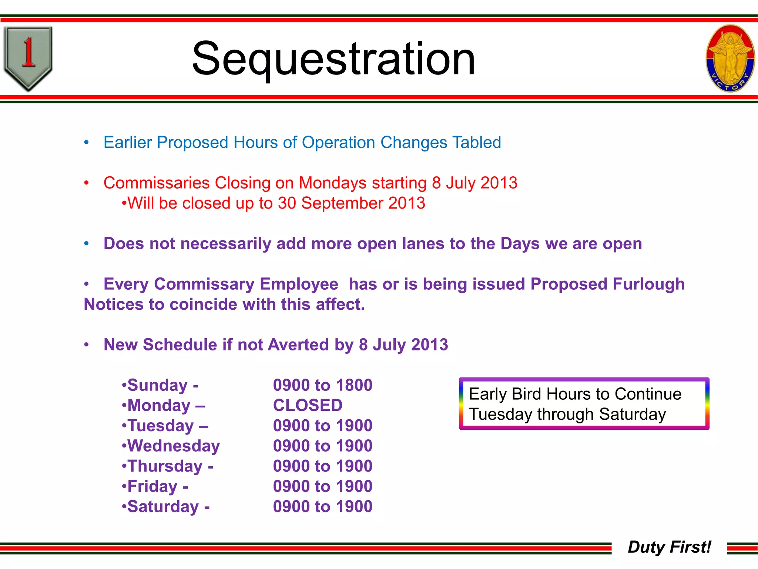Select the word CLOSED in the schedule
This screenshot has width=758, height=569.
[308, 405]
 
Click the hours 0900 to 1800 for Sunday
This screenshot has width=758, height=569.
[322, 385]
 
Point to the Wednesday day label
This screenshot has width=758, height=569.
[173, 446]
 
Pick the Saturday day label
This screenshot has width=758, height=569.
[163, 507]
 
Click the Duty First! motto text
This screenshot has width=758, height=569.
[669, 547]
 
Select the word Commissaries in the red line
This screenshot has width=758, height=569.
[157, 183]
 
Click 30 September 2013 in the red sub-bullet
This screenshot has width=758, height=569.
[351, 203]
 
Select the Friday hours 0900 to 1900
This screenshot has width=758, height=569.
[322, 486]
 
